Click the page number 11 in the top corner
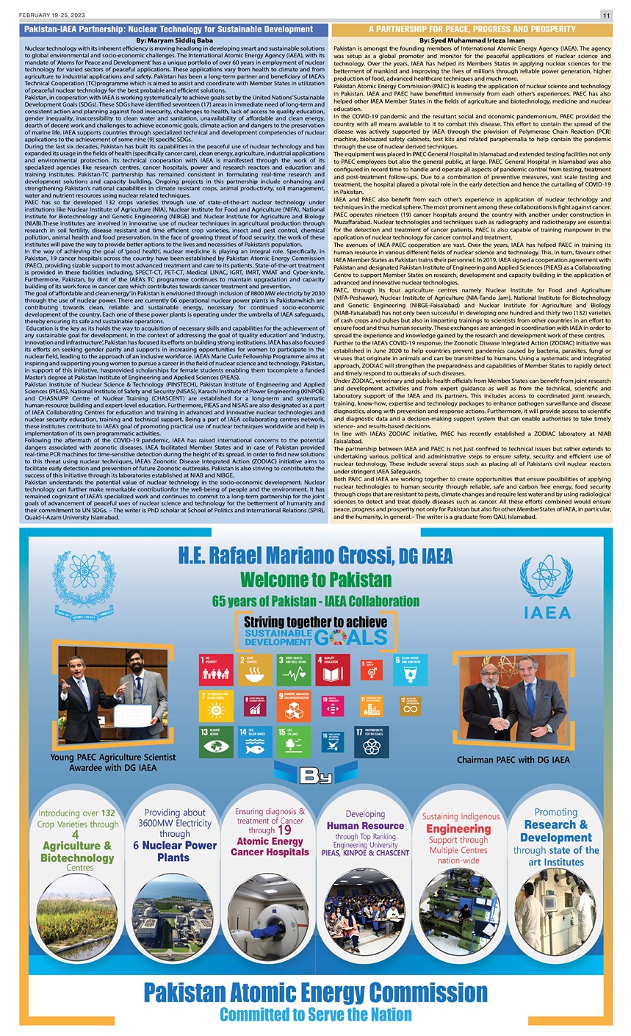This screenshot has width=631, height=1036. tap(607, 15)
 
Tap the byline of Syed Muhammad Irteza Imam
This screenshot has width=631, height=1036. tap(472, 40)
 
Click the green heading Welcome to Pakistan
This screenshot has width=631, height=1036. tap(316, 579)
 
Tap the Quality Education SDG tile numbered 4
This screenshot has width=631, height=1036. tap(334, 670)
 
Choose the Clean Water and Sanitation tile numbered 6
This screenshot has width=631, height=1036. tap(412, 670)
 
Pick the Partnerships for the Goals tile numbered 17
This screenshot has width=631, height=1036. tap(372, 742)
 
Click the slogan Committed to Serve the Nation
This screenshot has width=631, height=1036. tap(316, 1015)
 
